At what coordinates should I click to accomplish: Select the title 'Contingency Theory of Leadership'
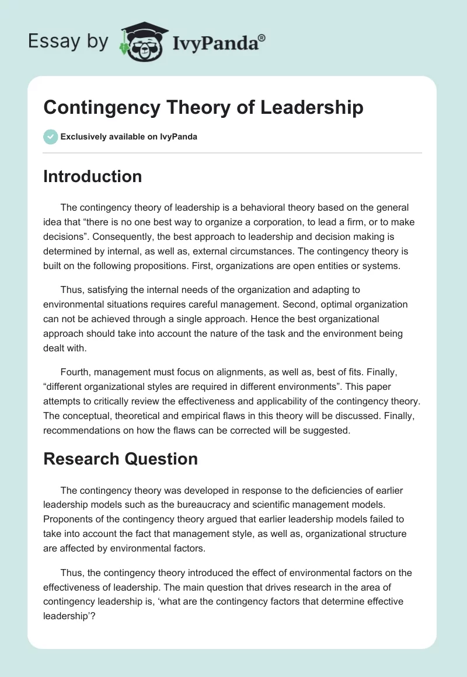203,107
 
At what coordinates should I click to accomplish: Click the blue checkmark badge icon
50,137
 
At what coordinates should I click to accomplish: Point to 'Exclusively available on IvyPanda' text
129,137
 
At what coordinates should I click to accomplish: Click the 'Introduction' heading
92,176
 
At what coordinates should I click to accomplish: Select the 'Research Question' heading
120,459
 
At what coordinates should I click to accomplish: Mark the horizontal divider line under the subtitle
232,153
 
